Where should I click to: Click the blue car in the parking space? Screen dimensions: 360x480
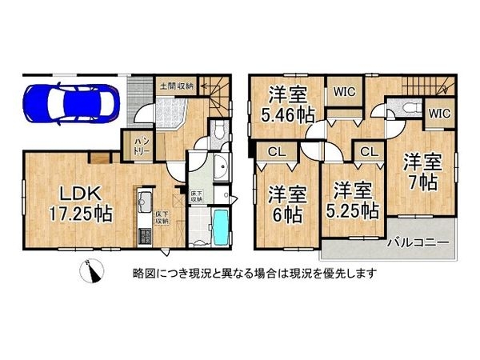coord(71,101)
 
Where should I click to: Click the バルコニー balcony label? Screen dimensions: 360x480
coord(417,241)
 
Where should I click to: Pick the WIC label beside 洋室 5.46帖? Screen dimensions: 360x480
coord(345,91)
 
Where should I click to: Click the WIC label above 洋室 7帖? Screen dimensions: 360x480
coord(439,114)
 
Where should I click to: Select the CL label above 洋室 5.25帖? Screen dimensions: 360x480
coord(369,150)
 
